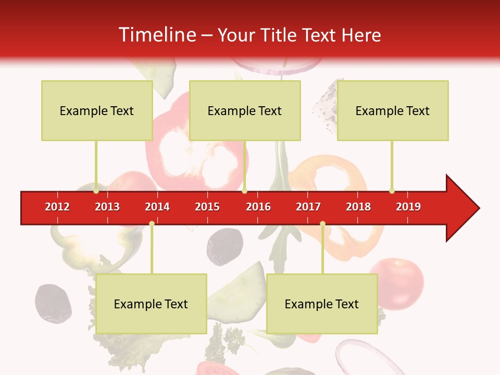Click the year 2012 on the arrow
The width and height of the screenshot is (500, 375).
(x=57, y=207)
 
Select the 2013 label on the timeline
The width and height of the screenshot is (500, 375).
(x=107, y=207)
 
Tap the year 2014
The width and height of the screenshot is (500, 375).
(x=157, y=207)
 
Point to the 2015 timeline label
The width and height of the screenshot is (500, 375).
(x=207, y=207)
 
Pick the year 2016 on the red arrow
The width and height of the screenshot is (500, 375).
(x=258, y=207)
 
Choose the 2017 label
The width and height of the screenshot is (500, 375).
(x=308, y=207)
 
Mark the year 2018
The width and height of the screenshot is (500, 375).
(x=358, y=207)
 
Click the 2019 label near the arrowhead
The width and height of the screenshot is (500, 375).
(x=408, y=207)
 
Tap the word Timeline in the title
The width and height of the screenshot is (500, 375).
(x=156, y=35)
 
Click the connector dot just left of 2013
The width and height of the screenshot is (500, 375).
(x=96, y=191)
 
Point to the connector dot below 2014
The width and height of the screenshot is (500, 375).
(x=152, y=223)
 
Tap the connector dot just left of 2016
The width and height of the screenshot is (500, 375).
(x=244, y=191)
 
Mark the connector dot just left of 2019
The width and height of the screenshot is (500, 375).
(x=392, y=191)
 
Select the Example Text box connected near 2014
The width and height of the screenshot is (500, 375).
(x=151, y=304)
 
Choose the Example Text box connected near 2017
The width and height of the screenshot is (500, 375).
(x=322, y=304)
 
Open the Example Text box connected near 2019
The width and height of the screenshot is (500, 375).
(x=393, y=110)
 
